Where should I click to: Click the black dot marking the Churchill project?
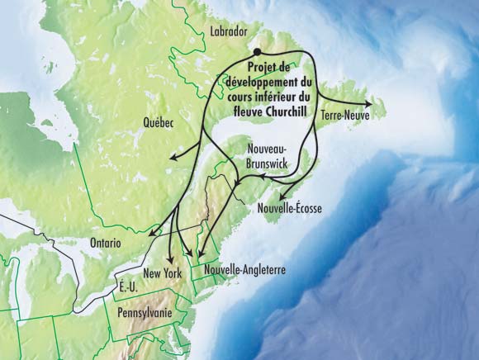pos(258,52)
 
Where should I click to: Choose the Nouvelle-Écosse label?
pos(289,209)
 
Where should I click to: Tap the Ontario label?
pos(102,244)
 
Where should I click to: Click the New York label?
pos(161,273)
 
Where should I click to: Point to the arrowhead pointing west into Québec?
pos(173,156)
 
